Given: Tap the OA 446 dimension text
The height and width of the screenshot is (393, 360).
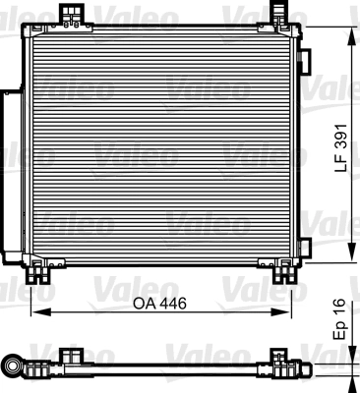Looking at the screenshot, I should [x=160, y=304].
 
